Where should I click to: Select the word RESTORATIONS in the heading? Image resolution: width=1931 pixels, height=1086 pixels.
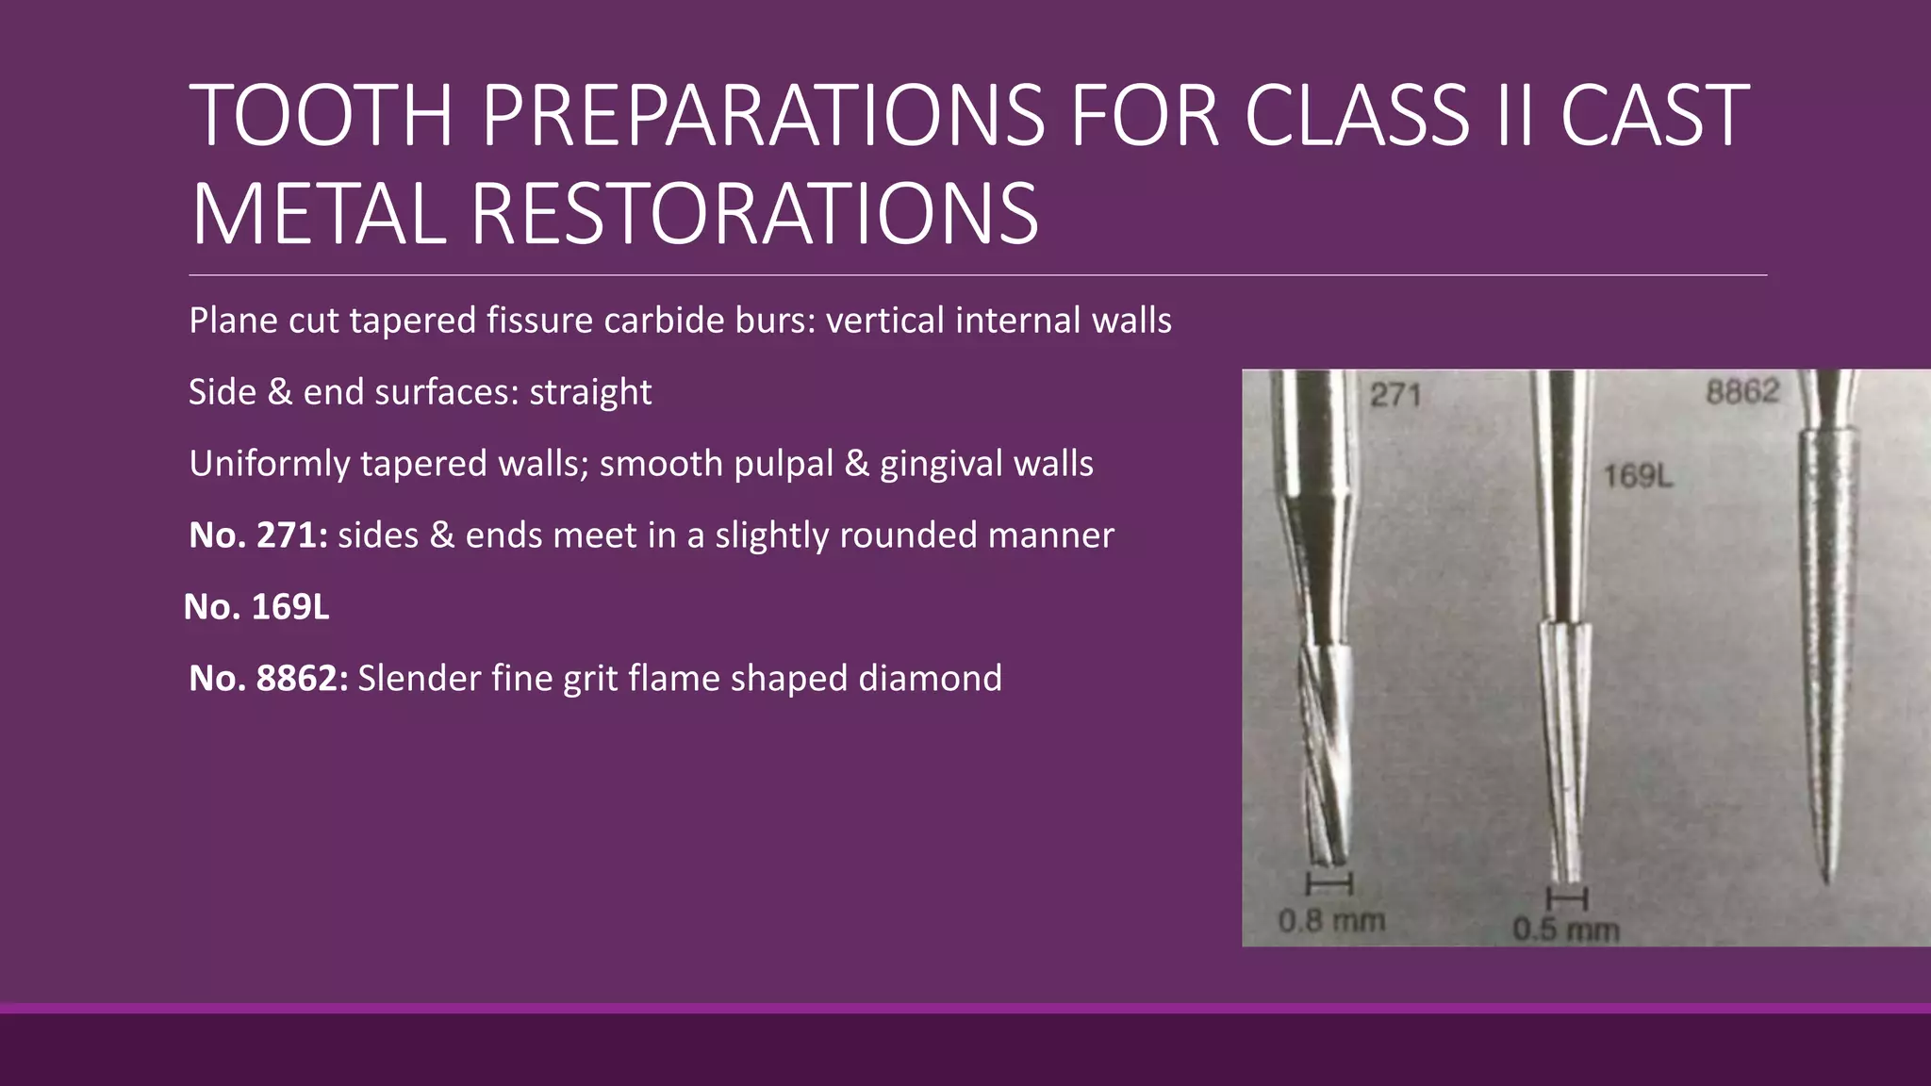(x=754, y=215)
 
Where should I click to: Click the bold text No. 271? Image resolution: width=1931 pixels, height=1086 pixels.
(x=257, y=535)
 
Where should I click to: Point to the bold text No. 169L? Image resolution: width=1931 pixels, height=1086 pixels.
(x=256, y=607)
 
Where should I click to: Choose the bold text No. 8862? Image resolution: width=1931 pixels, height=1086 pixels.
(x=268, y=679)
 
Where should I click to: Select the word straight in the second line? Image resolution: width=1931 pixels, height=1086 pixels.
(x=590, y=392)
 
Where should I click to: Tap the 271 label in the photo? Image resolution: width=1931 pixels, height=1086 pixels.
(x=1395, y=394)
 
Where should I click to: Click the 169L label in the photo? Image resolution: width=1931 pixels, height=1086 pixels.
(x=1638, y=476)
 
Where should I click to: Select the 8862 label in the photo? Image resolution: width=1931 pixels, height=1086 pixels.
(x=1742, y=391)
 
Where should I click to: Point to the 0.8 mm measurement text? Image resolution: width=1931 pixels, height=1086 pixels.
(x=1331, y=920)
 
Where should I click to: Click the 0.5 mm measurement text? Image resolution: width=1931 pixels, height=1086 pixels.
(x=1565, y=930)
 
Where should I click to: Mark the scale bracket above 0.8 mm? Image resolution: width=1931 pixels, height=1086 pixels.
(x=1329, y=884)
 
